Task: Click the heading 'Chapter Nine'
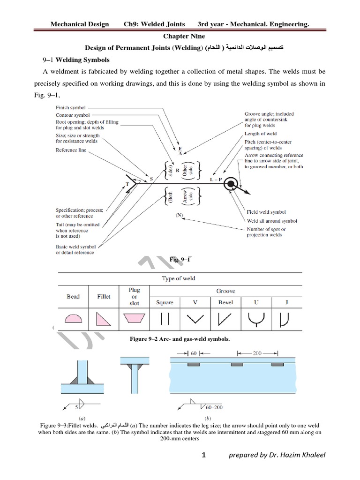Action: click(180, 36)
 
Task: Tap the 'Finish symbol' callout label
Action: click(71, 108)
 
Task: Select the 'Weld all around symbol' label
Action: click(272, 221)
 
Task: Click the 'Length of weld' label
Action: click(261, 134)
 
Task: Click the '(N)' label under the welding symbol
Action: click(180, 215)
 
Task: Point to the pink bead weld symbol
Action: click(73, 319)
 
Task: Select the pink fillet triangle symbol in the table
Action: click(104, 319)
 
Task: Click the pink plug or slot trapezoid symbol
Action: click(134, 319)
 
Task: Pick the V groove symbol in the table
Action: click(195, 319)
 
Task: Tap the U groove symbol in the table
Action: click(256, 319)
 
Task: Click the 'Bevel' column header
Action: click(225, 302)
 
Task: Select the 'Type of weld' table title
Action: click(179, 278)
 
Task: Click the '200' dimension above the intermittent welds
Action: click(257, 352)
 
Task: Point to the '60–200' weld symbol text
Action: click(214, 407)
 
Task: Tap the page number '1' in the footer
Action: click(204, 467)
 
